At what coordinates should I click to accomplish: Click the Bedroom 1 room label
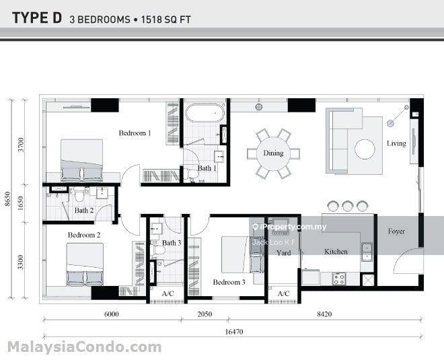[135, 133]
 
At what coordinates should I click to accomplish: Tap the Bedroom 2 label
[84, 235]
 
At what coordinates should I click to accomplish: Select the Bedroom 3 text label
[229, 283]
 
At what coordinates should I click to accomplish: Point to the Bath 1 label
[207, 168]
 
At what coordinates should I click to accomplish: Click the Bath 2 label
[83, 211]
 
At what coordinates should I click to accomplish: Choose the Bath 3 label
[172, 243]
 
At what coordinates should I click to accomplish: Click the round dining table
[273, 153]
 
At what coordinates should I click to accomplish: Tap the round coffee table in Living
[365, 149]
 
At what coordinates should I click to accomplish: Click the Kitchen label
[336, 252]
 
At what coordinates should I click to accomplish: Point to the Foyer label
[396, 231]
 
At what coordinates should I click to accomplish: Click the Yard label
[283, 253]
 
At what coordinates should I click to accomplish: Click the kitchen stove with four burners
[338, 278]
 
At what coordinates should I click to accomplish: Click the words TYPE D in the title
[36, 18]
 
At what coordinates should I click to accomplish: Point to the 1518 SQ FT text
[167, 20]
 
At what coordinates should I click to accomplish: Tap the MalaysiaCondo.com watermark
[84, 347]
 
